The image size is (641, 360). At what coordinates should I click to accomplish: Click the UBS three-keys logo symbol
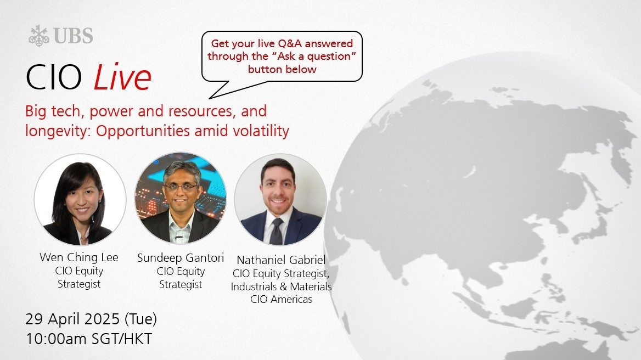tap(39, 36)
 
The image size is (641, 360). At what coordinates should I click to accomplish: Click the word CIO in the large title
tap(54, 77)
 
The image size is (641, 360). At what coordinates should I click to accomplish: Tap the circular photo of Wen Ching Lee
tap(80, 199)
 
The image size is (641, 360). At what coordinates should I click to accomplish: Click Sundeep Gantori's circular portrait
tap(180, 198)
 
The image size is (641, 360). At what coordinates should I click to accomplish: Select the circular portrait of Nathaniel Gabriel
tap(280, 199)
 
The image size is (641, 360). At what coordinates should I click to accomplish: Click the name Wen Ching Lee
tap(79, 257)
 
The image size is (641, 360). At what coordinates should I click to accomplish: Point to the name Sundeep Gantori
tap(180, 258)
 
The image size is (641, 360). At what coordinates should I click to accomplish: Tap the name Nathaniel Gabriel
tap(281, 260)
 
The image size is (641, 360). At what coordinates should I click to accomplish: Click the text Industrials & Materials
tap(281, 287)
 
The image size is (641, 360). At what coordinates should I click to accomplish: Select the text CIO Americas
tap(281, 300)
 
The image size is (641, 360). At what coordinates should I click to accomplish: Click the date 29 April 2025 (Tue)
tap(91, 319)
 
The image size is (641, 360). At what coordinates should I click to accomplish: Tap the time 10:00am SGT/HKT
tap(89, 339)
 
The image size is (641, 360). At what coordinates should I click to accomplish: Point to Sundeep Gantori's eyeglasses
tap(181, 188)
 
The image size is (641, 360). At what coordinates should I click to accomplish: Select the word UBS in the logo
tap(73, 36)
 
